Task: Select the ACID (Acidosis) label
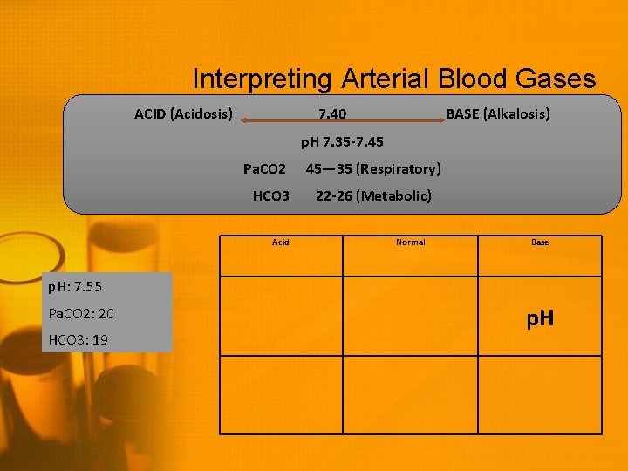pos(183,114)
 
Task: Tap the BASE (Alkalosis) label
pos(498,114)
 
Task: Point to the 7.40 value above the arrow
pos(331,114)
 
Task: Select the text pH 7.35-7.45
pos(342,141)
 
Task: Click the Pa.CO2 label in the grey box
pos(264,168)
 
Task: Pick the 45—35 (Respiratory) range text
pos(372,168)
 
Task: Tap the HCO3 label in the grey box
pos(270,195)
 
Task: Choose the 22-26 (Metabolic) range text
pos(373,195)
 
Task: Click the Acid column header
pos(281,242)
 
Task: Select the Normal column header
pos(411,242)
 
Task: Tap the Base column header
pos(540,242)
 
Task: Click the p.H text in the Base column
pos(540,319)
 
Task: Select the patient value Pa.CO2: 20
pos(82,313)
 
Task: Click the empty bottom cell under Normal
pos(411,394)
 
